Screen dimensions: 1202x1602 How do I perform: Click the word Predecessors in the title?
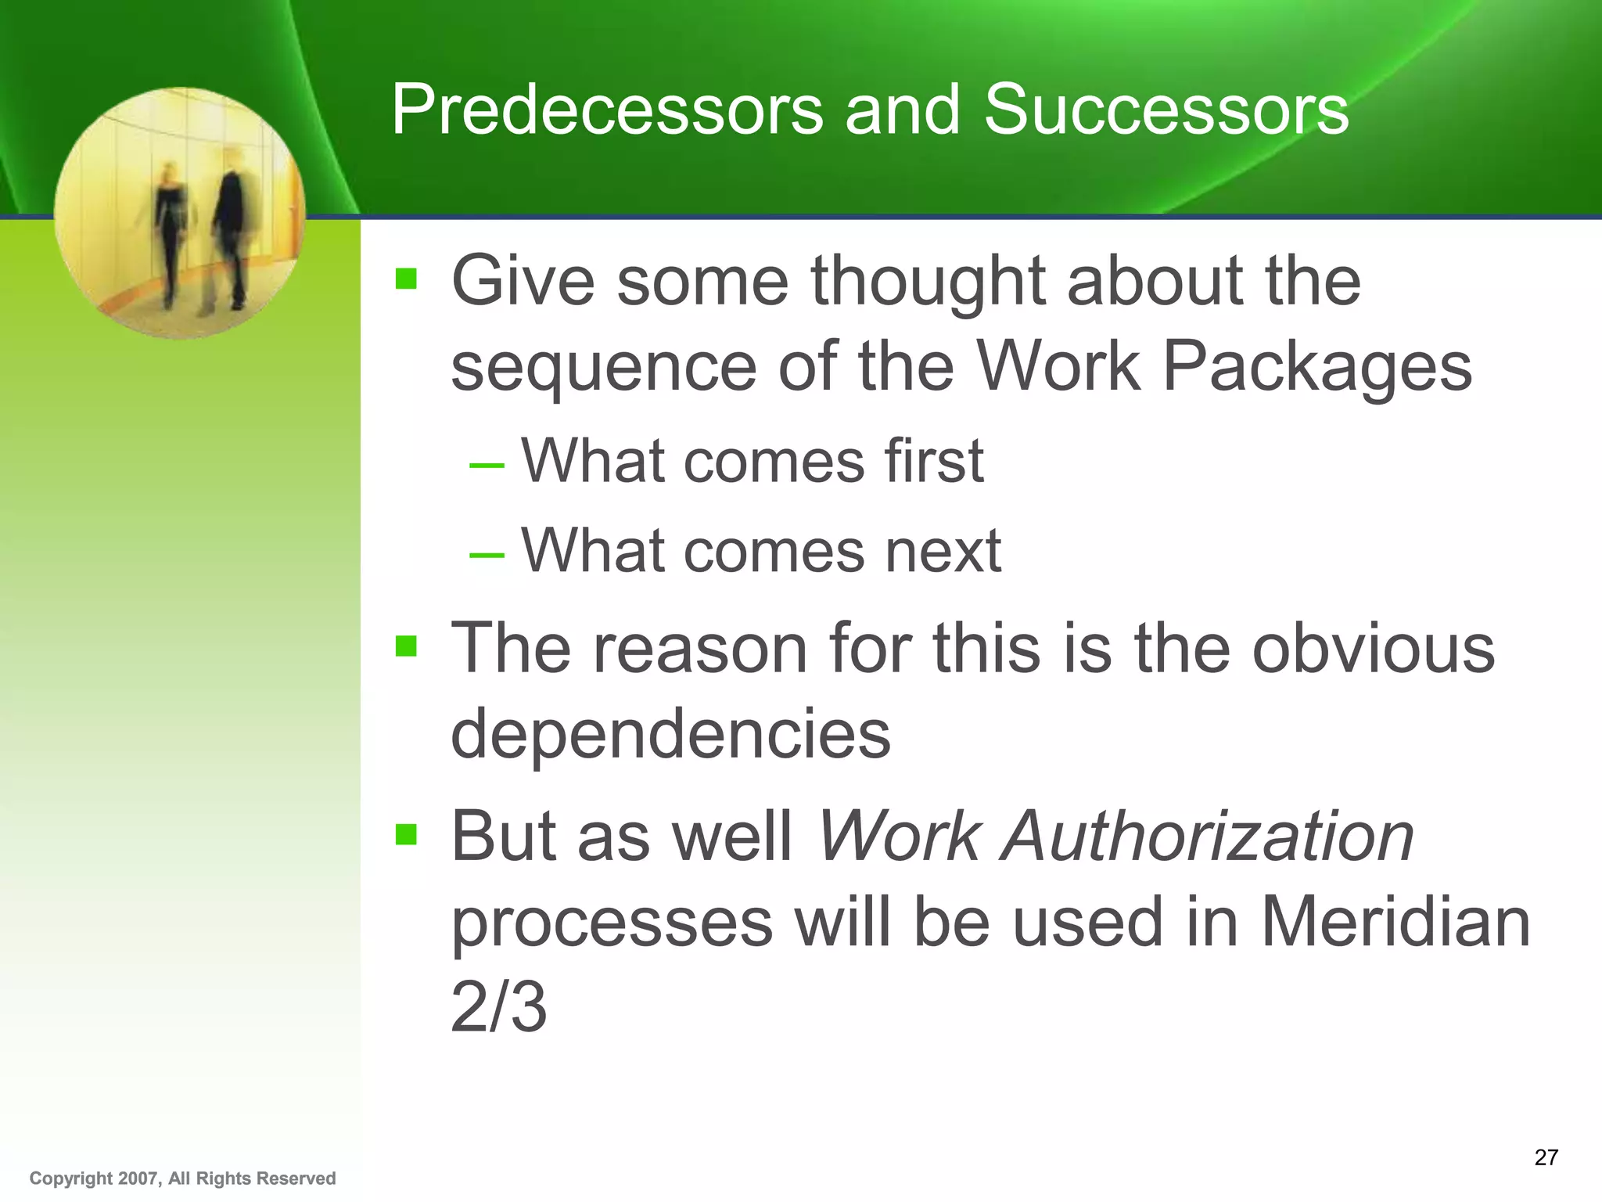(607, 110)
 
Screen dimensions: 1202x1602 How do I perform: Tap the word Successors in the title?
(1166, 110)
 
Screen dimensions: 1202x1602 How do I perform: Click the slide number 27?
(1546, 1157)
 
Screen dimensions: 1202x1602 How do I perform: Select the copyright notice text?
(182, 1179)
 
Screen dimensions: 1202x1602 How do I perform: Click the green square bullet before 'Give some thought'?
(406, 279)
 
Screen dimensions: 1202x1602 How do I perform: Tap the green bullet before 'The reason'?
(406, 646)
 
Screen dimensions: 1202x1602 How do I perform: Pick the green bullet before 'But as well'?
(406, 834)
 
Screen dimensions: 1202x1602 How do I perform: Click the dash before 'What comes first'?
(487, 465)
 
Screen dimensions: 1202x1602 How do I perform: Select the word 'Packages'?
(1316, 367)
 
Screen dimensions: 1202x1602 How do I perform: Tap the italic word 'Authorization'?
(1209, 837)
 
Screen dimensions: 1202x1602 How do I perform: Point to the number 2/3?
(498, 1008)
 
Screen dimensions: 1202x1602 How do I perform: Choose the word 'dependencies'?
(670, 734)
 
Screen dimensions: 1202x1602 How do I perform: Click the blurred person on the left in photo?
(169, 231)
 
